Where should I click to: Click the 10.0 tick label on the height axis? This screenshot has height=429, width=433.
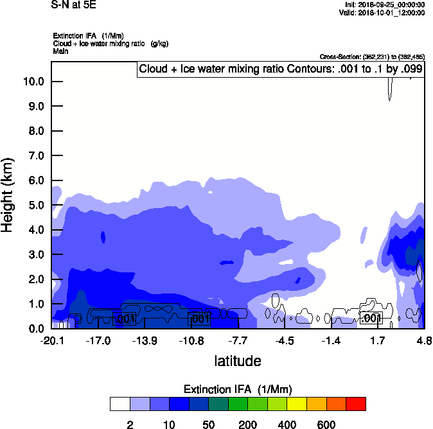pyautogui.click(x=33, y=82)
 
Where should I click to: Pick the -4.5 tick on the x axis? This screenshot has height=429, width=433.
pyautogui.click(x=285, y=340)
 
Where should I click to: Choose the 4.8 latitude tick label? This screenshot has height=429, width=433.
pyautogui.click(x=423, y=340)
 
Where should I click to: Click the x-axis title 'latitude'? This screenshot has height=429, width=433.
pyautogui.click(x=238, y=361)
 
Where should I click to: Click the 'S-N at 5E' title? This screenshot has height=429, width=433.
pyautogui.click(x=74, y=5)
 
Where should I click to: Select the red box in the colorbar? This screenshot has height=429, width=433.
pyautogui.click(x=356, y=404)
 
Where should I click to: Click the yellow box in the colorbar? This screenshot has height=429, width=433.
pyautogui.click(x=297, y=404)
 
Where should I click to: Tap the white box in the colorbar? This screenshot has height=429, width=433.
pyautogui.click(x=119, y=404)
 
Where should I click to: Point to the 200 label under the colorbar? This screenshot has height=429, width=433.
pyautogui.click(x=247, y=425)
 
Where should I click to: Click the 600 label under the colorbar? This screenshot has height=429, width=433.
pyautogui.click(x=326, y=425)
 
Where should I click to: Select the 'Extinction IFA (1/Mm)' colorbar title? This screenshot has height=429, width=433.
pyautogui.click(x=238, y=390)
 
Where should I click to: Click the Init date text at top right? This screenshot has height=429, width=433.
pyautogui.click(x=384, y=5)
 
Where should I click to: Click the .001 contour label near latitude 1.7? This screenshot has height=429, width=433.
pyautogui.click(x=371, y=319)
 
